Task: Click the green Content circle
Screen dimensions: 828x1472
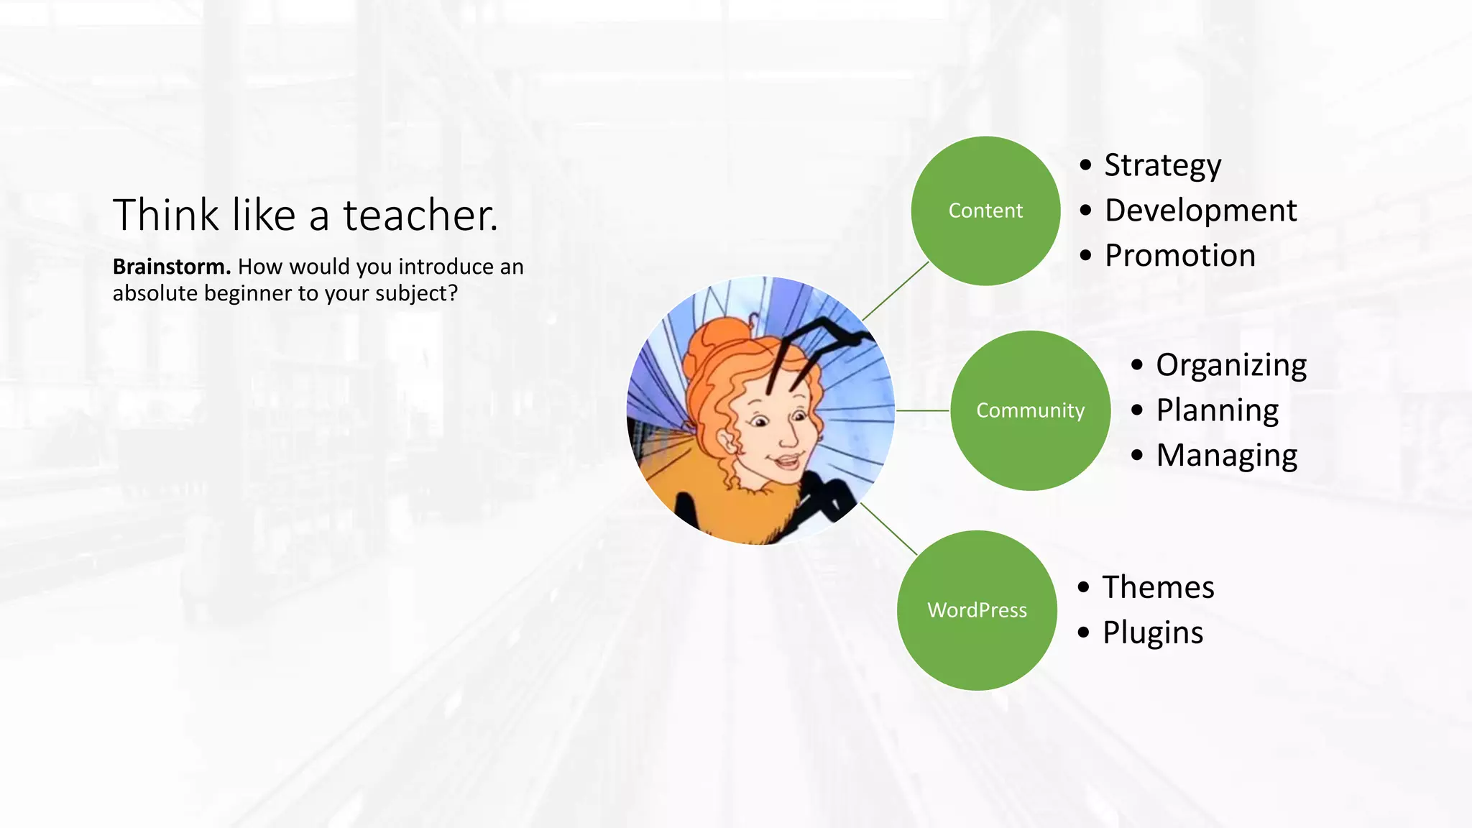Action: coord(985,211)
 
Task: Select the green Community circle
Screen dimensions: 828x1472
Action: coord(1030,410)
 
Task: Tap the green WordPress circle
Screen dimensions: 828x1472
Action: coord(977,610)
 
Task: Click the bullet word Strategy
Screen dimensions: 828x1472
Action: coord(1162,165)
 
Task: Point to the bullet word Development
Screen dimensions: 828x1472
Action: coord(1200,211)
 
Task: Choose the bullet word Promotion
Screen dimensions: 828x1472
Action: coord(1179,256)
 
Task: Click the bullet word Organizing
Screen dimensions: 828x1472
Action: coord(1230,365)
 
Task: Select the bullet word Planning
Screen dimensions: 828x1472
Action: coord(1217,410)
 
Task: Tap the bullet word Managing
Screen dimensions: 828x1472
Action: coord(1226,456)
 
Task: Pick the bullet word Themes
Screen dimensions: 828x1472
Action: coord(1158,587)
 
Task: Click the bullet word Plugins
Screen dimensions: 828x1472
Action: coord(1152,632)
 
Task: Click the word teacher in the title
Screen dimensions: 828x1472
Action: coord(419,215)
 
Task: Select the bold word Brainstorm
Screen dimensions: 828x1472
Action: coord(171,267)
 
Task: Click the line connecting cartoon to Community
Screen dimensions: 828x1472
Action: coord(923,410)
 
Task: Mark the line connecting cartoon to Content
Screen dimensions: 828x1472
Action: coord(896,291)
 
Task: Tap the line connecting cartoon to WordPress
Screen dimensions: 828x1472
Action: coord(889,529)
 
